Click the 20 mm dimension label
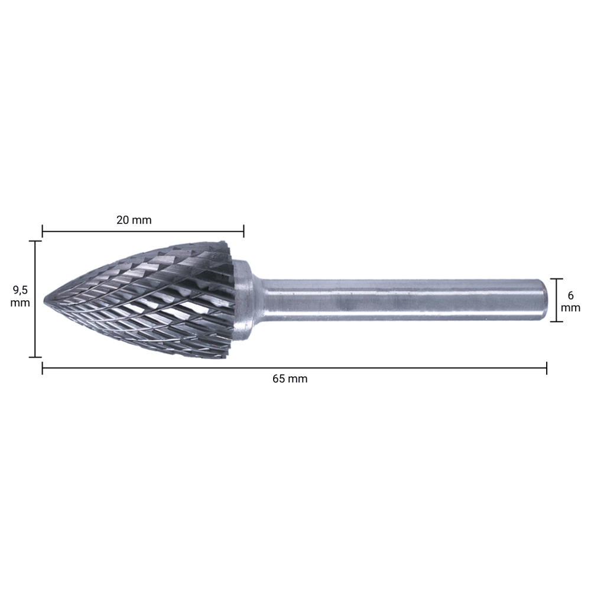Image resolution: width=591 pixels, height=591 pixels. point(134,220)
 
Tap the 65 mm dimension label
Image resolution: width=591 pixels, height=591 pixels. point(290,379)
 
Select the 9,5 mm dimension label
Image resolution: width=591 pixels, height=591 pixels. point(20,295)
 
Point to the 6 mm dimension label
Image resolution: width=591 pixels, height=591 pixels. point(570,301)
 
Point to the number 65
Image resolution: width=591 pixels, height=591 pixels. point(279,379)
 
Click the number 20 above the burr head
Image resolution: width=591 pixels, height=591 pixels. point(122,220)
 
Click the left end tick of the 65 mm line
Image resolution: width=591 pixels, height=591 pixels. point(43,368)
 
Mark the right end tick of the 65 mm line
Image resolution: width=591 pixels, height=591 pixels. point(547,368)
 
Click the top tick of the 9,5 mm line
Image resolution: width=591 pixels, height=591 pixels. point(35,241)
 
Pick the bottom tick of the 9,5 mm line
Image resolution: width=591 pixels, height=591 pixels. point(35,357)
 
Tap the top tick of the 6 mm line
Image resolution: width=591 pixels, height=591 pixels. point(556,279)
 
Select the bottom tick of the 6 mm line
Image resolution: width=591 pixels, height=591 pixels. point(556,322)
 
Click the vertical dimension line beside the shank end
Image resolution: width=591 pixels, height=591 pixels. point(556,300)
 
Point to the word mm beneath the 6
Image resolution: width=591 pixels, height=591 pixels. point(570,308)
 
